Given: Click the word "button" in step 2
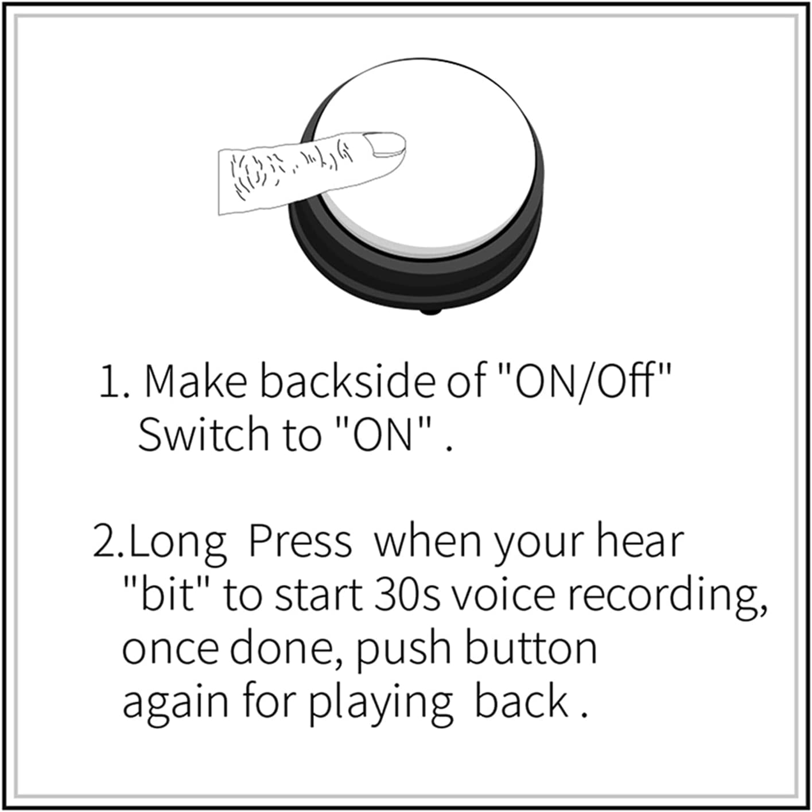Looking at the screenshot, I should tap(531, 648).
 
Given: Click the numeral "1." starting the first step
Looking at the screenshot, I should tap(115, 382).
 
